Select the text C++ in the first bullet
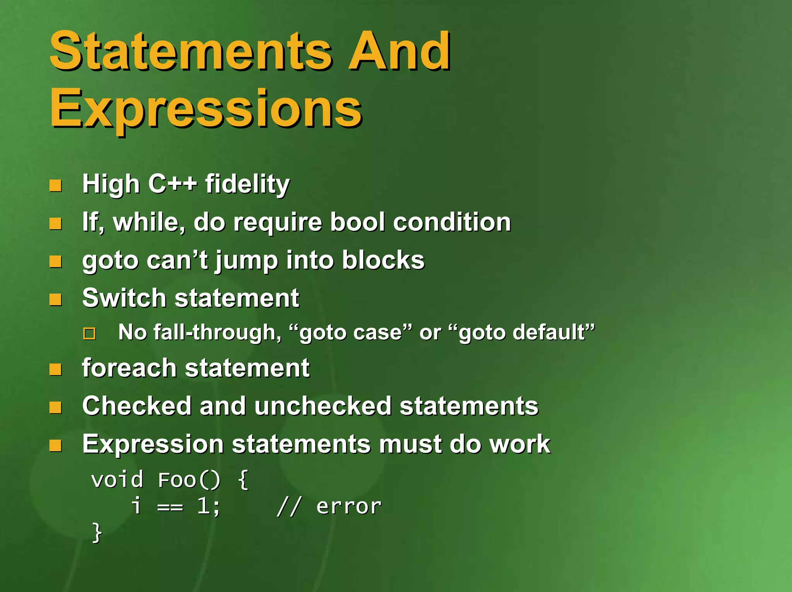pos(172,184)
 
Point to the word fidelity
pos(247,184)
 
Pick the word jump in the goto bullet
pos(247,261)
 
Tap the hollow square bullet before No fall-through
pos(89,333)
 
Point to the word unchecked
pos(323,406)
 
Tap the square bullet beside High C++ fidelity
pos(56,186)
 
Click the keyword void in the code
pos(117,480)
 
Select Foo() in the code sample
pos(189,480)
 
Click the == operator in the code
pos(170,507)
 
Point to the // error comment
pos(329,507)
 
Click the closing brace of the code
pos(97,533)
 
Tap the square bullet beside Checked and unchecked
pos(56,408)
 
